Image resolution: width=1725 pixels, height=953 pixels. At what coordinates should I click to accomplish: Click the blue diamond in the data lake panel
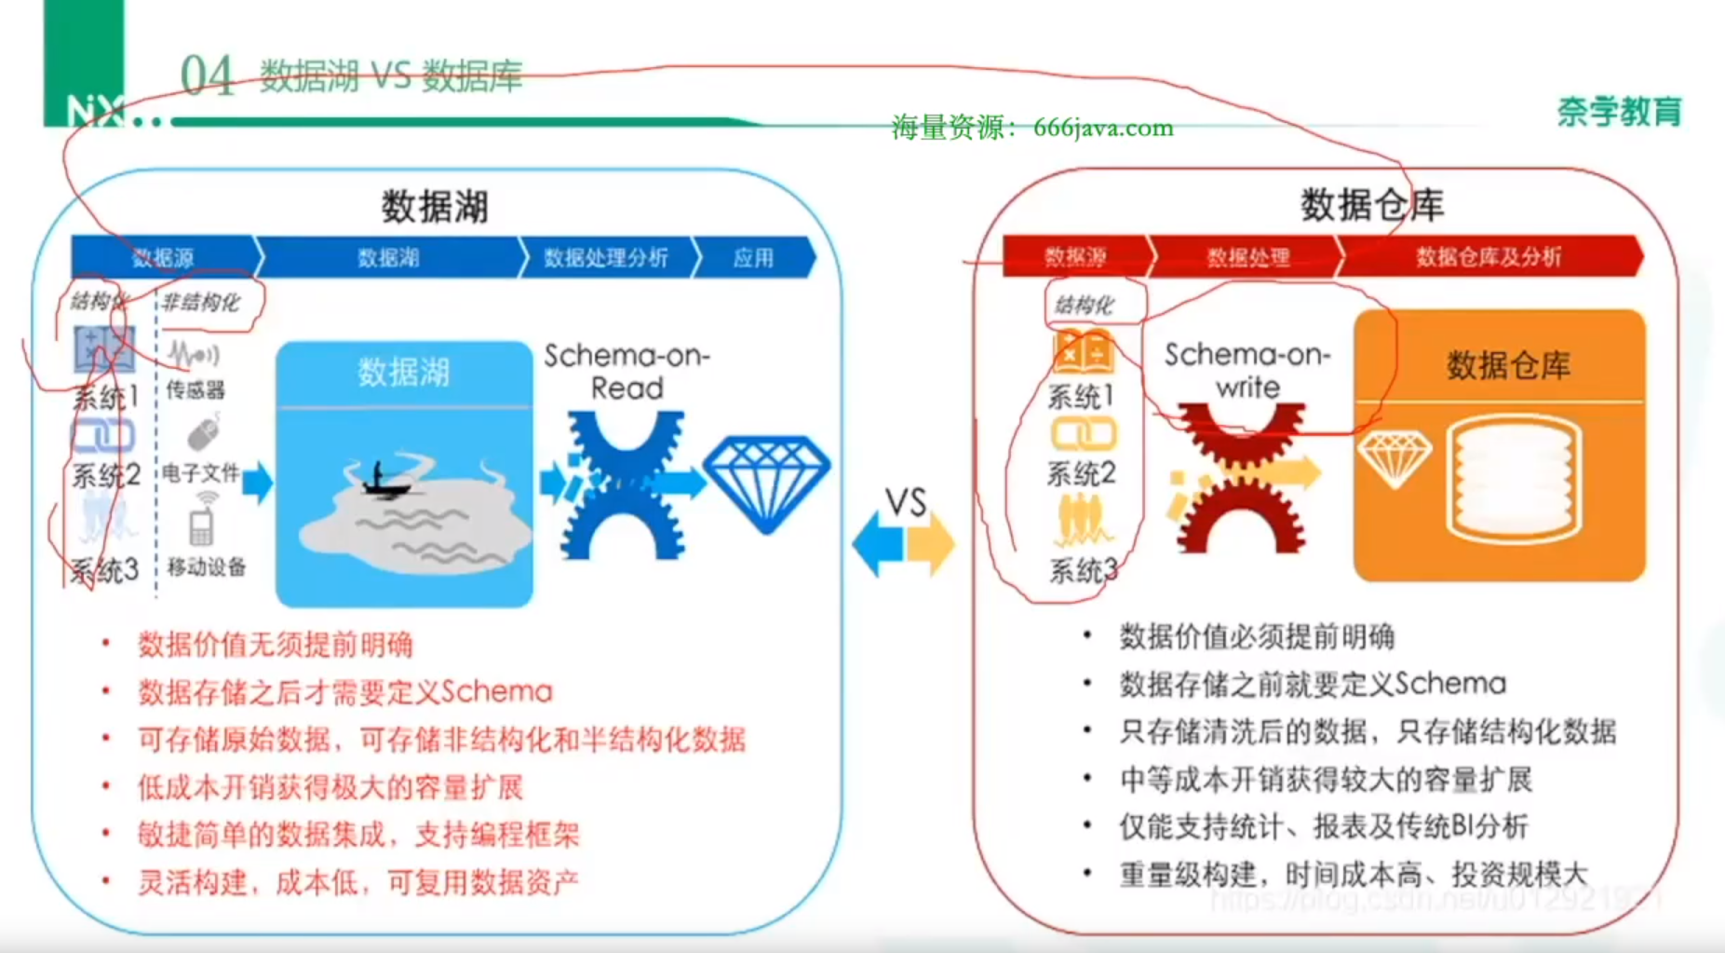[x=766, y=483]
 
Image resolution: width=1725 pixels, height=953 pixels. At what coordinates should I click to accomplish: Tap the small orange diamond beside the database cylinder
[x=1394, y=458]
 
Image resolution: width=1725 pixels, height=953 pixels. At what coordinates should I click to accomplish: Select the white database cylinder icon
[x=1514, y=479]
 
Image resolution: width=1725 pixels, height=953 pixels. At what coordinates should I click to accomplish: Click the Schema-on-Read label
[x=627, y=371]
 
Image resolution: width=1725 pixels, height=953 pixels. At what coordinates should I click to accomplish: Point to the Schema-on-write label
[x=1247, y=370]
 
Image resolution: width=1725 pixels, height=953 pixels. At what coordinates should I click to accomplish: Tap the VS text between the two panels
[x=906, y=502]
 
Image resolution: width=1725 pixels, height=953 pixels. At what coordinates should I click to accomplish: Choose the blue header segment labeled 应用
[x=753, y=257]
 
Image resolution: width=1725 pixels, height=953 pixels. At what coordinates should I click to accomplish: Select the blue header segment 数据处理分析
[x=605, y=257]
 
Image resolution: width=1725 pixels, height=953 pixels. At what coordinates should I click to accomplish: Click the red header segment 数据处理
[x=1247, y=257]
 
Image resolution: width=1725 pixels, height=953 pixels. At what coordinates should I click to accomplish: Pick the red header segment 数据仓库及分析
[x=1488, y=257]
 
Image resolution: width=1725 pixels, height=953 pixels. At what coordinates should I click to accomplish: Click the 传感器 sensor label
[x=195, y=389]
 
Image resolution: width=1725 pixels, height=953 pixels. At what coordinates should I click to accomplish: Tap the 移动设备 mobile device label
[x=207, y=566]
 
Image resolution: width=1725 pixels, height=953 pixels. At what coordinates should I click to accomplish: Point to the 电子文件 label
[x=200, y=472]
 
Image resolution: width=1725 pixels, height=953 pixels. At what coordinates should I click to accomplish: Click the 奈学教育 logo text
[x=1619, y=112]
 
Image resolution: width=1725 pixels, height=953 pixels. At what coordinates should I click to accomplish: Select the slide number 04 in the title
[x=207, y=75]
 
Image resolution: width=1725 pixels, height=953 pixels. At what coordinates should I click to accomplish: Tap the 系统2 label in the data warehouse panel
[x=1081, y=473]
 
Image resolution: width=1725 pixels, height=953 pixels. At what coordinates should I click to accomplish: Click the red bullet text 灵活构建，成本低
[x=358, y=881]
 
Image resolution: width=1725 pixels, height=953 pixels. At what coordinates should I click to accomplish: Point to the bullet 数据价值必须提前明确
[x=1257, y=637]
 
